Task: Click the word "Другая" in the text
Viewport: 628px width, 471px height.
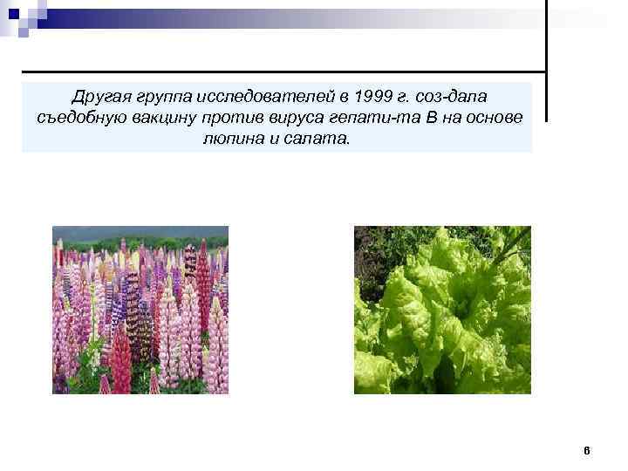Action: [x=99, y=95]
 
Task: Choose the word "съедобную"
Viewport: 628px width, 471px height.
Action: [x=79, y=118]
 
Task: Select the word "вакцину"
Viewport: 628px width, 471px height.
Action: [x=163, y=118]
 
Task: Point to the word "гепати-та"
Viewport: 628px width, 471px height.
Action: [x=373, y=118]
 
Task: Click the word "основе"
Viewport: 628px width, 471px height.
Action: [x=495, y=118]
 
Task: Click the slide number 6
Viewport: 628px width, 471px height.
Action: [x=586, y=451]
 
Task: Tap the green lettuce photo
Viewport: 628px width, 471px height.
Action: [x=441, y=311]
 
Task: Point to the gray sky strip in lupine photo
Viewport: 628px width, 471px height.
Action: [x=140, y=232]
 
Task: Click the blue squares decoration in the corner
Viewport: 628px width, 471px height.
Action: [x=19, y=16]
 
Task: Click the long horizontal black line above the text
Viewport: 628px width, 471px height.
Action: [x=279, y=71]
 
